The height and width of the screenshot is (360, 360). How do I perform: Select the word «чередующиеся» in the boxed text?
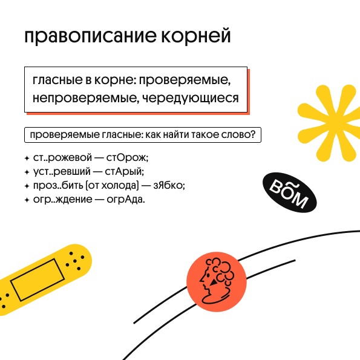(191, 98)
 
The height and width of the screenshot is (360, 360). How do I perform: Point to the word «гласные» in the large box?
(57, 80)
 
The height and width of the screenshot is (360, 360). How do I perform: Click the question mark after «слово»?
(253, 134)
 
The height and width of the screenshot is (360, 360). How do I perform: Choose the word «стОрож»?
(127, 158)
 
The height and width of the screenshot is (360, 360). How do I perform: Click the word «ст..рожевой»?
(62, 158)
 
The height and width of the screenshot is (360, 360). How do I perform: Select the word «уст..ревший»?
(62, 172)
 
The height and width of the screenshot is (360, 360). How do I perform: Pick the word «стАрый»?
(124, 172)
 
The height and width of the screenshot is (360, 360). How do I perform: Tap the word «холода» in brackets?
(119, 186)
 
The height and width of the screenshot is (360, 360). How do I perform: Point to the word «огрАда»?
(126, 199)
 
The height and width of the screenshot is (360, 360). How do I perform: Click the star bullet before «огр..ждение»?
(27, 200)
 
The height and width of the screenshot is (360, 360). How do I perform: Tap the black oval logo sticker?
(290, 192)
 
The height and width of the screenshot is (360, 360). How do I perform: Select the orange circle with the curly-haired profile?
(217, 282)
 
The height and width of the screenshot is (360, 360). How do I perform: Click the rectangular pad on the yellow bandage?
(37, 280)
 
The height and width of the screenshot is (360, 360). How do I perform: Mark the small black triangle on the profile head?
(214, 282)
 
